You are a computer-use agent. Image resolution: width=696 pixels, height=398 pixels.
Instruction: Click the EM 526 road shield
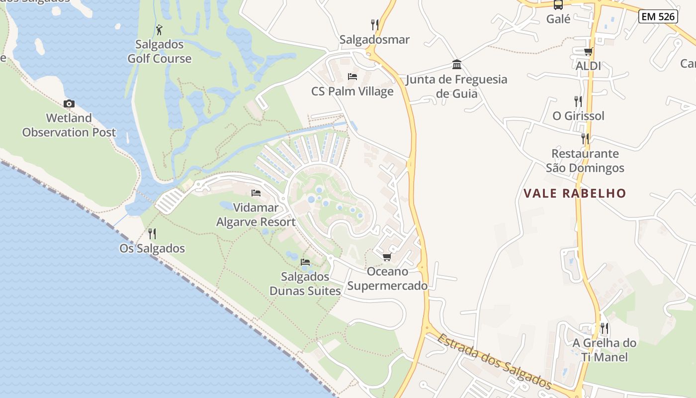click(658, 16)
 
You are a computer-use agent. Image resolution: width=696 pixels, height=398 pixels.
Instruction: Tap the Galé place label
click(558, 19)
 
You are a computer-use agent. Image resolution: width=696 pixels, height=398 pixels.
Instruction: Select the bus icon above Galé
click(558, 5)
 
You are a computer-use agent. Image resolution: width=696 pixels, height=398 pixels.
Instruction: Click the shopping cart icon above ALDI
click(589, 51)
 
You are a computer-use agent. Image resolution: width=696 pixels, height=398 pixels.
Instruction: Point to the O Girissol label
click(579, 116)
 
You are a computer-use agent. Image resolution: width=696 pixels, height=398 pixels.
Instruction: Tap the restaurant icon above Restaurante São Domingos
click(585, 138)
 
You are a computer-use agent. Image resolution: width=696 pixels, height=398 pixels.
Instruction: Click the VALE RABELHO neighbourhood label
click(575, 193)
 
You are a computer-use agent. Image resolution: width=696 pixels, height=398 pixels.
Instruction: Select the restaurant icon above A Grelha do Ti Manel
click(604, 328)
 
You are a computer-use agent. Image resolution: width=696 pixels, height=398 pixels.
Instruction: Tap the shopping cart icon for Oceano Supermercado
click(387, 257)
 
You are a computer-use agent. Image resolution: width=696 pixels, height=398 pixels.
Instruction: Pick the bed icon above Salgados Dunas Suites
click(305, 262)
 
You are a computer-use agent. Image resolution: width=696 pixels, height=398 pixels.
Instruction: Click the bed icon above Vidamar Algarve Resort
click(256, 193)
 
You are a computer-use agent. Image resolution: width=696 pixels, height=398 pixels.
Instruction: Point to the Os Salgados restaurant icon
click(152, 233)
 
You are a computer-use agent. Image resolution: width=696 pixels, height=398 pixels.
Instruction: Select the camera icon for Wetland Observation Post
click(69, 103)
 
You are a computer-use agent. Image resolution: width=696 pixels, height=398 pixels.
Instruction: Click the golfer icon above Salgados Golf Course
click(159, 30)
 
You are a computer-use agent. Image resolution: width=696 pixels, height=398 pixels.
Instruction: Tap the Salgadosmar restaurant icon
click(375, 24)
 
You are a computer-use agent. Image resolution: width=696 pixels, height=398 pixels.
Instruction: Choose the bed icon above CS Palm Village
click(352, 77)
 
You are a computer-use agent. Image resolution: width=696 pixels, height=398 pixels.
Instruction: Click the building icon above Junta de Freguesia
click(457, 64)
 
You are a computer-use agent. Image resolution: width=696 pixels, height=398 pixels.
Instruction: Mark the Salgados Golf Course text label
click(160, 51)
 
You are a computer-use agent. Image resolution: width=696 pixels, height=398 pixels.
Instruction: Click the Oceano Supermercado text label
click(387, 279)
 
